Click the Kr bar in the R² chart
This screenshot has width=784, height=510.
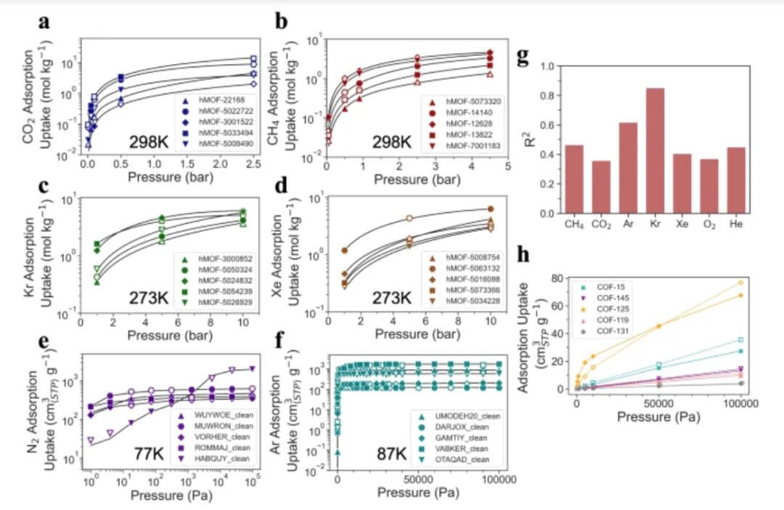pos(656,151)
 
